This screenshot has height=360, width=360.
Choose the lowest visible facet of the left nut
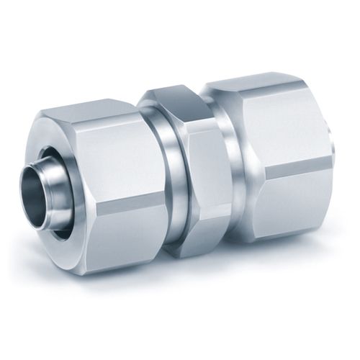coord(115,238)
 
